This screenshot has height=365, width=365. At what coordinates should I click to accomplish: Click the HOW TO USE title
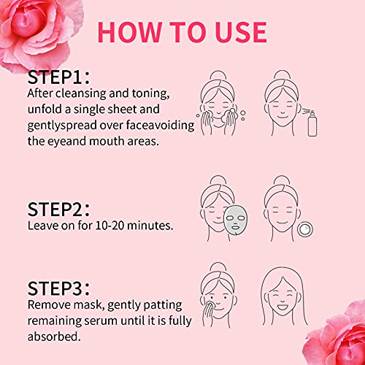(x=182, y=32)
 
